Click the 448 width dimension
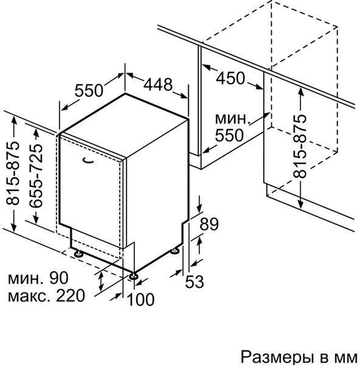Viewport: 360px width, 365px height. [x=158, y=85]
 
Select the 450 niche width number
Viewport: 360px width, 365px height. [x=230, y=78]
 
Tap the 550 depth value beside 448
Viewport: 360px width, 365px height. [x=89, y=90]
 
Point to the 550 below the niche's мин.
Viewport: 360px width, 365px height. [x=229, y=135]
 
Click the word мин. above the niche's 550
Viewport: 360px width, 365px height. [x=233, y=119]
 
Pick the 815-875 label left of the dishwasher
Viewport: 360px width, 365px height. [x=13, y=173]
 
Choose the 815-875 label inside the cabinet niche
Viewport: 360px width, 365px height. [x=300, y=147]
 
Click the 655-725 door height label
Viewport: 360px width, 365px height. [x=36, y=176]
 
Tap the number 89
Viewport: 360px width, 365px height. [x=209, y=224]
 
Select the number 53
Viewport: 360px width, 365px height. [x=195, y=282]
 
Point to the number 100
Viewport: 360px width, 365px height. [x=141, y=299]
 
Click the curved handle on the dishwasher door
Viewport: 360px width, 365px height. [x=89, y=160]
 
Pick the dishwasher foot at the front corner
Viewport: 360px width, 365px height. [x=134, y=276]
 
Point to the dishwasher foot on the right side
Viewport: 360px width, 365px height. [x=175, y=251]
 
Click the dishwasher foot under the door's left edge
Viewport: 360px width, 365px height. [x=78, y=254]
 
